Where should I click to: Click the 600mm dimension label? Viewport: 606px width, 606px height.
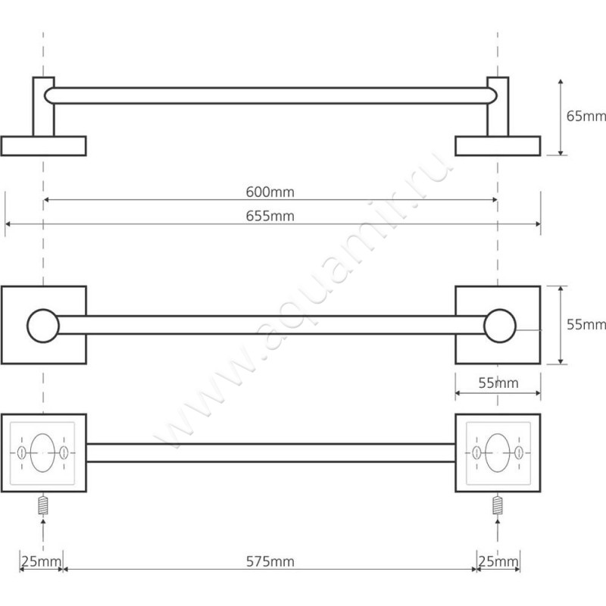point(270,192)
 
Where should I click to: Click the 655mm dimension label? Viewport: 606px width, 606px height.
point(270,216)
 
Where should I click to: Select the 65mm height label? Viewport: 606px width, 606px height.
point(586,116)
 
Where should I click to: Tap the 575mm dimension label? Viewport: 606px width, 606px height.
point(270,561)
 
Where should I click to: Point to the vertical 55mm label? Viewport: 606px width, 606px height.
point(586,324)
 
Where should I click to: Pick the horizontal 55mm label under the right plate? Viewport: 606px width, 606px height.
point(498,383)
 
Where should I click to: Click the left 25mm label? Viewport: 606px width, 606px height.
point(41,561)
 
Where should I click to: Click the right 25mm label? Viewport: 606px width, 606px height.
point(498,561)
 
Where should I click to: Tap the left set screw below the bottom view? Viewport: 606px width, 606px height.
point(43,504)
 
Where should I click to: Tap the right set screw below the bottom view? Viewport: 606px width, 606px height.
point(498,504)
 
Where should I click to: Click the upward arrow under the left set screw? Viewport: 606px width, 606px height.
point(43,534)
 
